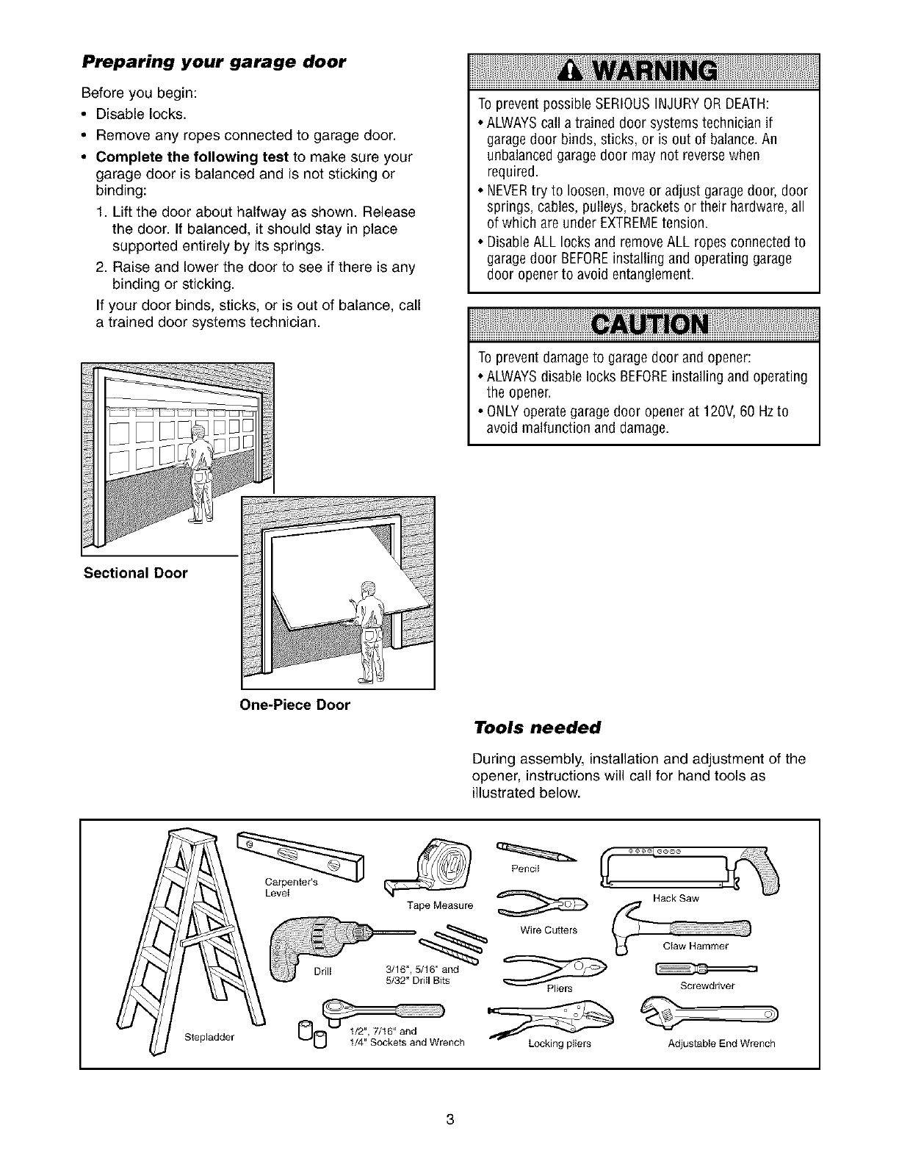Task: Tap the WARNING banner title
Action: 643,71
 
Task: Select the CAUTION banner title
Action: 643,324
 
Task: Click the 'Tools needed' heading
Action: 538,727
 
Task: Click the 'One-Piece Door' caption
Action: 295,705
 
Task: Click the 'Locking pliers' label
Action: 560,1043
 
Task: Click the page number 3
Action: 450,1120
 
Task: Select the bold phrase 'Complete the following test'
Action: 194,157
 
